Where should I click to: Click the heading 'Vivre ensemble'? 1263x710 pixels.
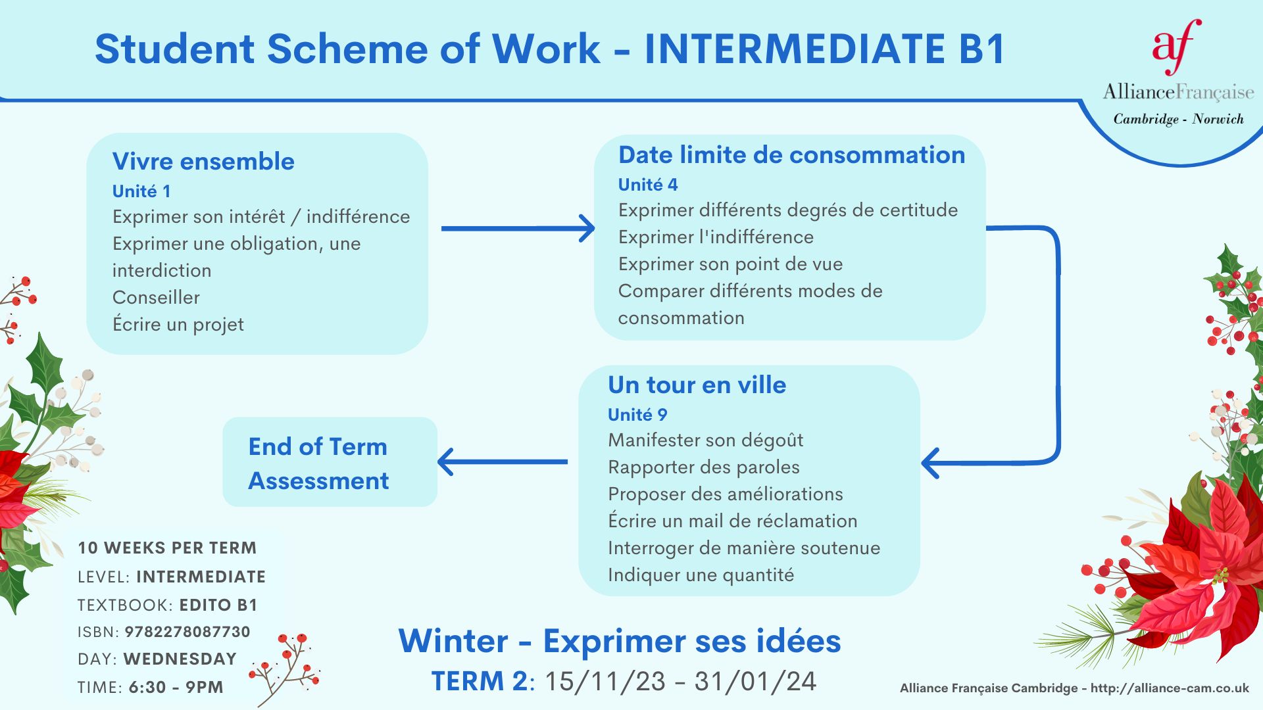coord(203,161)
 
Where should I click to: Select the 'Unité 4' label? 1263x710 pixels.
coord(648,185)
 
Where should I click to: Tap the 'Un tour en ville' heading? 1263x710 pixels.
coord(697,385)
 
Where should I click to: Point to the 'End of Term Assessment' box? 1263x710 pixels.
coord(330,462)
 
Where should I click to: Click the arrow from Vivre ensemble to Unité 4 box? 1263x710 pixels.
coord(518,228)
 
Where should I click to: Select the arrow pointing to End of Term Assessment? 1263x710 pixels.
coord(503,461)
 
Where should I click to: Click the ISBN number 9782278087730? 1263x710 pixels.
coord(187,632)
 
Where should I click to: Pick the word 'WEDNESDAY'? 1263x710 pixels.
coord(180,659)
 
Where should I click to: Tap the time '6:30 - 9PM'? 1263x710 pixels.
coord(176,687)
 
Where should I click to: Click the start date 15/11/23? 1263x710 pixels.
coord(605,682)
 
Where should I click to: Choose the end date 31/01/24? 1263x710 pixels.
coord(755,682)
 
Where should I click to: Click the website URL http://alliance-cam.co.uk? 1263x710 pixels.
coord(1170,688)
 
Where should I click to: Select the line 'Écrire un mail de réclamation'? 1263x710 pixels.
coord(733,521)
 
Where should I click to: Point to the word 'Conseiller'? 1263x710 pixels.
coord(156,297)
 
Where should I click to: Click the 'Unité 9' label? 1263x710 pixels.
coord(637,415)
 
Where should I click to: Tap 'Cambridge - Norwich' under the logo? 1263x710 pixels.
coord(1179,119)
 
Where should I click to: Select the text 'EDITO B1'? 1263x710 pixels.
coord(218,605)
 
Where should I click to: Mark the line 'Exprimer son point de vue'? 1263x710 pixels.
coord(730,264)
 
